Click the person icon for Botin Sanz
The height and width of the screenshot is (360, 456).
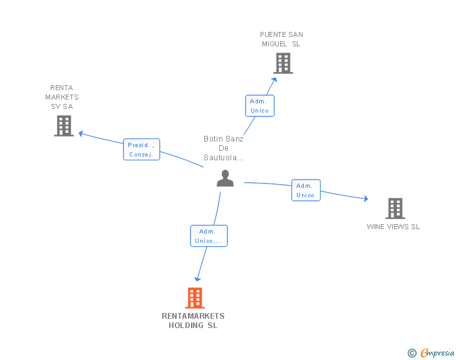point(225,178)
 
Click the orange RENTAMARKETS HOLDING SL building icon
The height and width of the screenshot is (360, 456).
point(195,298)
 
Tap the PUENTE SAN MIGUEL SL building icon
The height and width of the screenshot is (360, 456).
point(282,63)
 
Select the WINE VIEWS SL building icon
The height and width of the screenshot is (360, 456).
point(395,208)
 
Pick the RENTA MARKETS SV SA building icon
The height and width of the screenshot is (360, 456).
point(63,126)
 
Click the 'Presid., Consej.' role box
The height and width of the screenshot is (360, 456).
point(142,150)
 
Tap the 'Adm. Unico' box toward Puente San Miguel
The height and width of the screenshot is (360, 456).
point(259,106)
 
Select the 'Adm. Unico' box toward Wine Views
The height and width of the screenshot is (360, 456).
point(306,190)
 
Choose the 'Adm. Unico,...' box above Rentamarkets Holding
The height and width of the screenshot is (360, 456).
point(209,236)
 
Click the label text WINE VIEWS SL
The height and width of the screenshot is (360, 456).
point(393,227)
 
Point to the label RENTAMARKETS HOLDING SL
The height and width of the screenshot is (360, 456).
point(193,321)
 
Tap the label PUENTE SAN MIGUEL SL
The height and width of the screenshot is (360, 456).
point(281,39)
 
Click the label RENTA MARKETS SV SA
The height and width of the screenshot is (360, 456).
point(62,97)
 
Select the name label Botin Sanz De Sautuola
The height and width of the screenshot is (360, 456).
point(224,148)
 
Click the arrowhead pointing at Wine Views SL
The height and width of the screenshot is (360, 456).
point(365,199)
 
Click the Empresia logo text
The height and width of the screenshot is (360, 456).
point(437,353)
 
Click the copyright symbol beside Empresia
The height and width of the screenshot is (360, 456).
point(412,353)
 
